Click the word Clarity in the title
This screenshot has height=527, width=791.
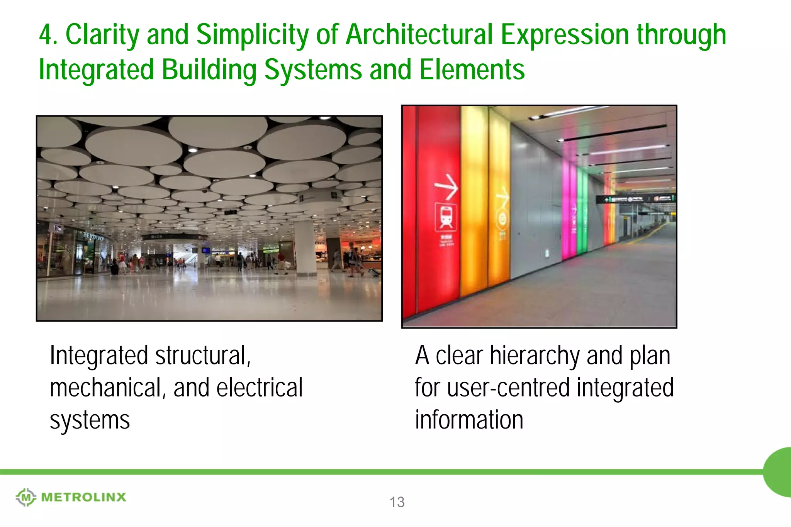point(102,35)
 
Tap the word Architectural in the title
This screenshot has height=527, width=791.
point(419,35)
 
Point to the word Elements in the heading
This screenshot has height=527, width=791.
point(472,70)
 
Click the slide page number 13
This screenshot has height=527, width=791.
point(397,502)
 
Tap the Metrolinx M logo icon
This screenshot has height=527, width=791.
point(25,497)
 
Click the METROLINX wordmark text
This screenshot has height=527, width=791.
point(83,497)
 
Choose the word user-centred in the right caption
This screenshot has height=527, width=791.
point(508,388)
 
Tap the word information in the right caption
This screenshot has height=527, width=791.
point(469,420)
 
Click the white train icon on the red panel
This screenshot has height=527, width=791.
point(446,217)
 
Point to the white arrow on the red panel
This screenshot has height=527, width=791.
point(446,186)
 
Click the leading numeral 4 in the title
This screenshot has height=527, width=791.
point(46,35)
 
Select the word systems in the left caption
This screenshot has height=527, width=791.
point(90,420)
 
